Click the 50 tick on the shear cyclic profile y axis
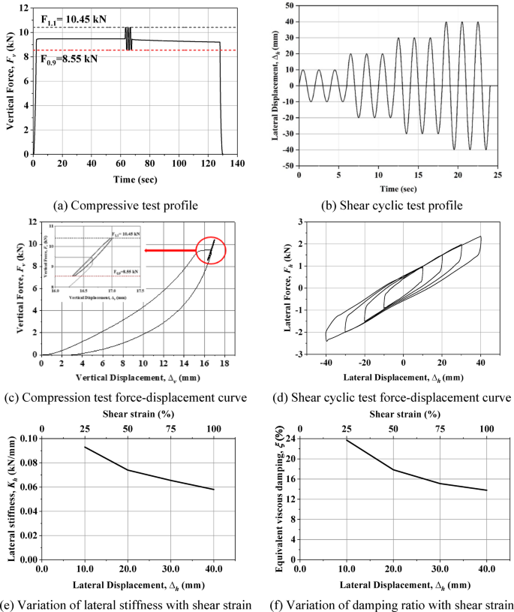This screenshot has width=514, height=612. [x=287, y=5]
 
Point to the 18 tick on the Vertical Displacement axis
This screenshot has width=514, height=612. [x=223, y=363]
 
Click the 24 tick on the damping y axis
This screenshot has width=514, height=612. [x=290, y=438]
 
